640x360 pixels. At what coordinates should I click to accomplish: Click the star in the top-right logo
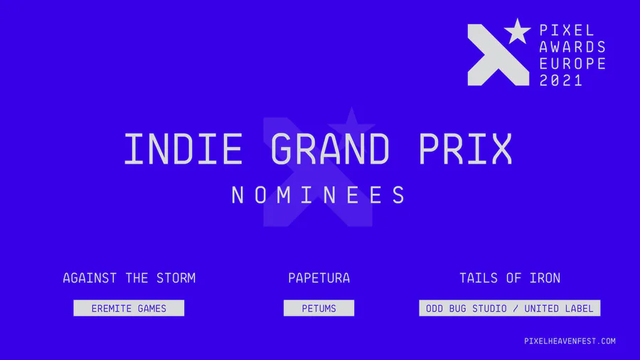click(517, 31)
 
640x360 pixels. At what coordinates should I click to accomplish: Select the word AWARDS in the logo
click(572, 47)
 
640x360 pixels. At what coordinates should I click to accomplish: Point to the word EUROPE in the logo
click(572, 63)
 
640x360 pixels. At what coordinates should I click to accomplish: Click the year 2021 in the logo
click(561, 80)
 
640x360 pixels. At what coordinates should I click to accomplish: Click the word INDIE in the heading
click(183, 149)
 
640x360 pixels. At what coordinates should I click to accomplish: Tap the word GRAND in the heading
click(330, 149)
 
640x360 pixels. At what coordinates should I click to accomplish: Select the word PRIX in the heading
click(465, 149)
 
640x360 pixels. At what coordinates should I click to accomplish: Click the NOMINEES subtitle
click(319, 195)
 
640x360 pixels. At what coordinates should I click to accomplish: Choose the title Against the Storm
click(129, 278)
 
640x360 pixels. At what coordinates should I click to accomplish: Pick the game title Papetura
click(319, 278)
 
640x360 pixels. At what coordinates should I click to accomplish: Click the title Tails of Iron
click(510, 278)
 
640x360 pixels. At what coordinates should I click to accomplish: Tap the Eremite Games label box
click(129, 308)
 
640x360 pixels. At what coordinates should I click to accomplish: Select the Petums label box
click(319, 308)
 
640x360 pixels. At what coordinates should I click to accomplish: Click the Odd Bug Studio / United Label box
click(509, 308)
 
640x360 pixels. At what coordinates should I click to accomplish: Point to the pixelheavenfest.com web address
click(570, 341)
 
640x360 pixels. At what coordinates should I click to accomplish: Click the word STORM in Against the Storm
click(176, 278)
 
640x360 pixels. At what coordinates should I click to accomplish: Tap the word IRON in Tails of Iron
click(545, 278)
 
